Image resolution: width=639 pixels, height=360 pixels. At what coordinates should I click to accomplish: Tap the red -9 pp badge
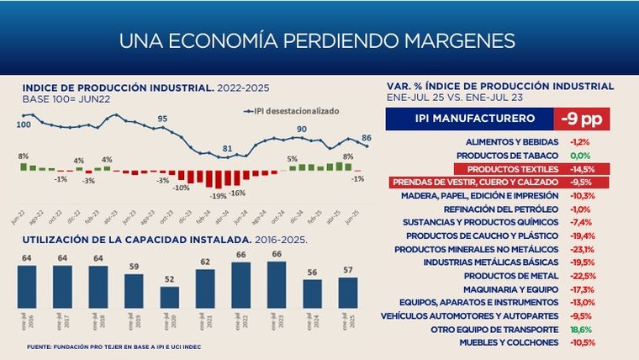click(x=581, y=119)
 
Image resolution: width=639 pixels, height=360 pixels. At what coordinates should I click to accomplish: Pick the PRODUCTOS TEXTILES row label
click(x=515, y=169)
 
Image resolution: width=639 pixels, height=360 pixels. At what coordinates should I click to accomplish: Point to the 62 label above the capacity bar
click(x=205, y=262)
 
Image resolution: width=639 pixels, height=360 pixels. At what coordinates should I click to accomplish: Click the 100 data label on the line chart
click(x=24, y=124)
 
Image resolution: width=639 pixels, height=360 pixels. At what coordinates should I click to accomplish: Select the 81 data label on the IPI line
click(x=227, y=149)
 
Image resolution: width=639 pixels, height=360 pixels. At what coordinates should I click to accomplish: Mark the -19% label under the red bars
click(x=218, y=195)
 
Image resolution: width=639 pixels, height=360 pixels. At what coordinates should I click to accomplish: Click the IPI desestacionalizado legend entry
click(x=291, y=110)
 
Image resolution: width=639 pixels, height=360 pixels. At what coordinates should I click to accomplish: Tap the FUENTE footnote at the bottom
click(x=114, y=347)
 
